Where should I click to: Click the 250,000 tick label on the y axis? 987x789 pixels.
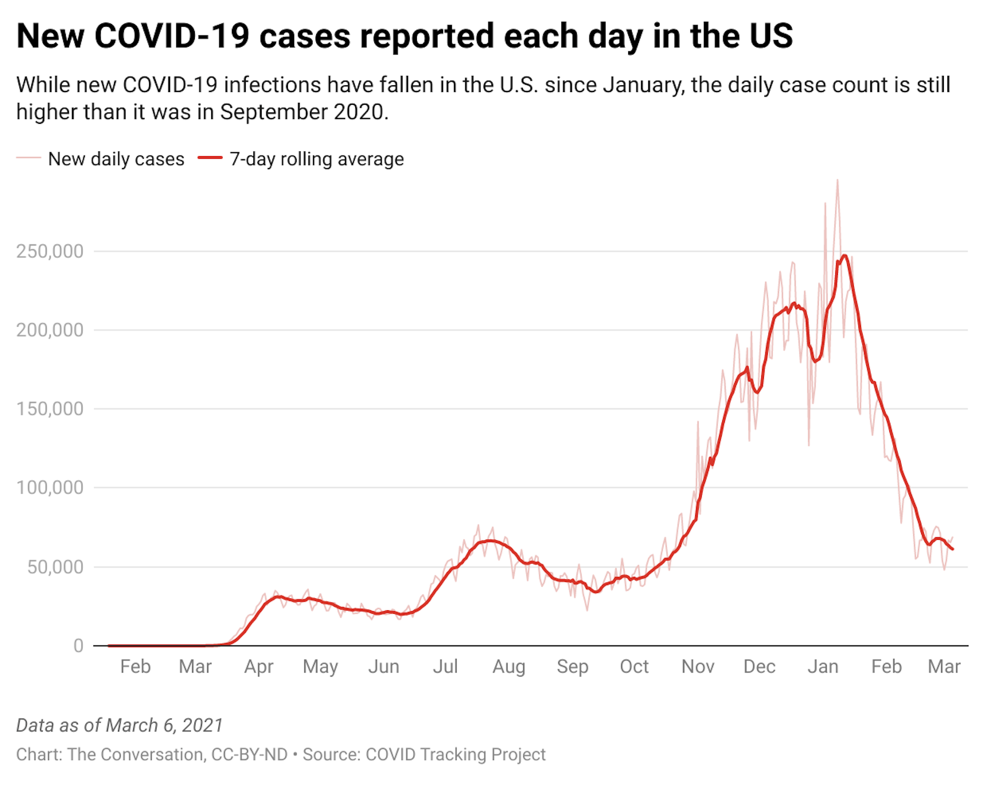pos(49,251)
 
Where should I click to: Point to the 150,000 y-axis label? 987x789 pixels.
pos(49,409)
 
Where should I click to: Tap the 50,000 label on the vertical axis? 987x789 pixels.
pos(55,567)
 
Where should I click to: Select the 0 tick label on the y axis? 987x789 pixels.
pos(78,646)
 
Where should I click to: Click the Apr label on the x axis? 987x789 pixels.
pos(259,667)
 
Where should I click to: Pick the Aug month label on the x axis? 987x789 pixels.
pos(509,667)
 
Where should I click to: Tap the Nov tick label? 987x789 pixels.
pos(698,667)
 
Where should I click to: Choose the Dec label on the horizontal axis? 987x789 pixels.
pos(759,667)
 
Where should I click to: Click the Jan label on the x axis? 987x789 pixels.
pos(822,667)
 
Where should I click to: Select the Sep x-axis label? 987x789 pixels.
pos(572,667)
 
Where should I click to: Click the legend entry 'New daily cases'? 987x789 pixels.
pos(116,159)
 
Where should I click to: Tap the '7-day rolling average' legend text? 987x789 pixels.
pos(317,159)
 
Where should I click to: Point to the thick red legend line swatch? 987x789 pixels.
pos(210,158)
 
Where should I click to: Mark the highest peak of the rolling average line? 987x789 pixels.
pos(845,255)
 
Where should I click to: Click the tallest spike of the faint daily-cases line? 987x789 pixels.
pos(837,180)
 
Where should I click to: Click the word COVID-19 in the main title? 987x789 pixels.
pos(172,36)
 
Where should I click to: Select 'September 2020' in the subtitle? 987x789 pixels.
pos(304,112)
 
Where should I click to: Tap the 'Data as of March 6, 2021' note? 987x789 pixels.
pos(119,725)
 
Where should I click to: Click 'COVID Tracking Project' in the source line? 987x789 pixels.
pos(455,755)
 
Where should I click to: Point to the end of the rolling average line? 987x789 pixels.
pos(953,549)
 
